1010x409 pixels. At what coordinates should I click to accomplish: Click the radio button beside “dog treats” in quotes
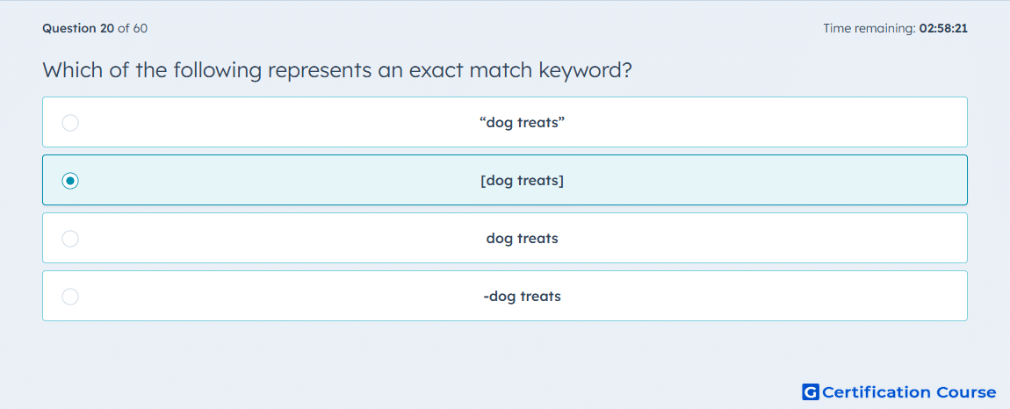pyautogui.click(x=70, y=123)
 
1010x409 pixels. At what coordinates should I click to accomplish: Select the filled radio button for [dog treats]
pyautogui.click(x=70, y=181)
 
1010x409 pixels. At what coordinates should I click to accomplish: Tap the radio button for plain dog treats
pyautogui.click(x=70, y=239)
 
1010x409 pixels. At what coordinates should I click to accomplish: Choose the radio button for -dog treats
pyautogui.click(x=70, y=297)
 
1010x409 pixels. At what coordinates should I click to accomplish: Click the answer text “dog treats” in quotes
pyautogui.click(x=523, y=122)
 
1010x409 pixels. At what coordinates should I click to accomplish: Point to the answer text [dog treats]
pyautogui.click(x=523, y=181)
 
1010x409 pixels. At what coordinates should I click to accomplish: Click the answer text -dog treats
pyautogui.click(x=523, y=297)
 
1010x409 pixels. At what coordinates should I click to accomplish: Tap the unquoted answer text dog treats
pyautogui.click(x=523, y=239)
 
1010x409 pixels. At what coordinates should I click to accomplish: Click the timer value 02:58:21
pyautogui.click(x=943, y=28)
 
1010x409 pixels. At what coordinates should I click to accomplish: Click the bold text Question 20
pyautogui.click(x=78, y=28)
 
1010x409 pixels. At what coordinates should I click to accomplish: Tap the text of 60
pyautogui.click(x=133, y=28)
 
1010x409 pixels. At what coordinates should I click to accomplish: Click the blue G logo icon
pyautogui.click(x=811, y=391)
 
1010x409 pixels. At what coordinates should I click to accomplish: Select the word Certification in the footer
pyautogui.click(x=877, y=392)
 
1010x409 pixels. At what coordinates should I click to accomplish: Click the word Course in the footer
pyautogui.click(x=965, y=392)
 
